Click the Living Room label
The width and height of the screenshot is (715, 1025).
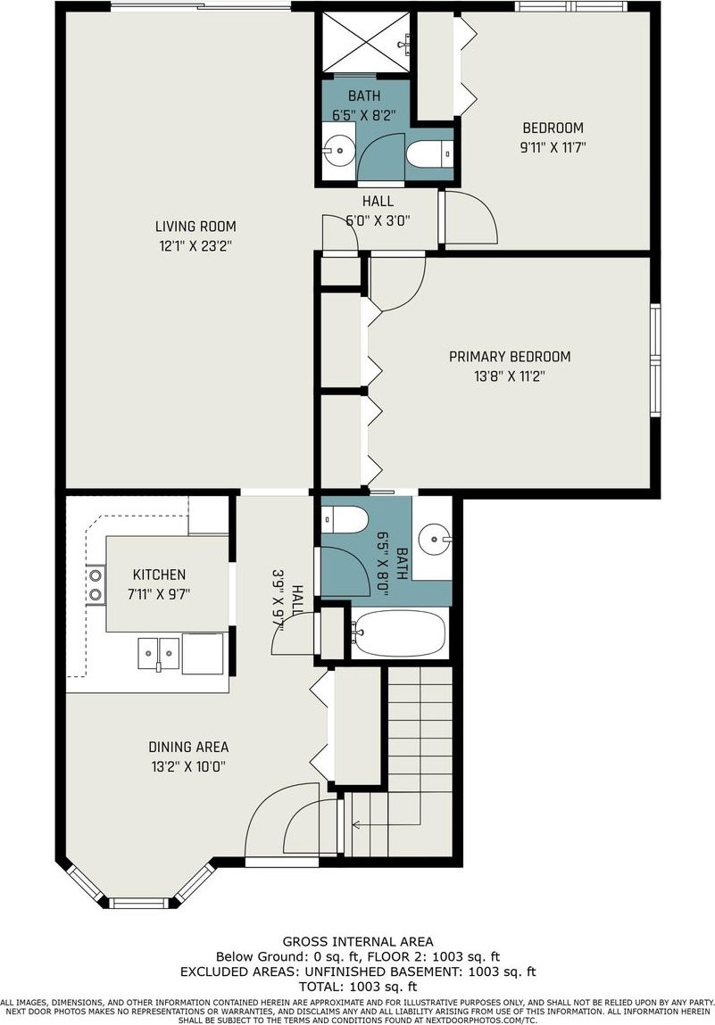pyautogui.click(x=195, y=227)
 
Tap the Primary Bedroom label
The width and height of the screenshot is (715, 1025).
pyautogui.click(x=510, y=356)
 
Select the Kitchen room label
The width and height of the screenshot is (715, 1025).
pyautogui.click(x=159, y=574)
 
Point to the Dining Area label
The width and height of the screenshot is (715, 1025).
pyautogui.click(x=188, y=747)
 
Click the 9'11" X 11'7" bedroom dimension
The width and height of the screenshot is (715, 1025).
pyautogui.click(x=553, y=147)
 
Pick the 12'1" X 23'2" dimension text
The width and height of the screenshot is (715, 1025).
pyautogui.click(x=195, y=246)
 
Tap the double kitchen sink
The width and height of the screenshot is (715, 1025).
pyautogui.click(x=158, y=653)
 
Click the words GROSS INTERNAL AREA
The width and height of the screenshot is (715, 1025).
pyautogui.click(x=358, y=941)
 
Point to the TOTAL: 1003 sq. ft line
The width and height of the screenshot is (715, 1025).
pyautogui.click(x=358, y=987)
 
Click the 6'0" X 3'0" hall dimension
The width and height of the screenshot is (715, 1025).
pyautogui.click(x=378, y=220)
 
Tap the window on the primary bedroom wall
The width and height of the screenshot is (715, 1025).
pyautogui.click(x=655, y=359)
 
